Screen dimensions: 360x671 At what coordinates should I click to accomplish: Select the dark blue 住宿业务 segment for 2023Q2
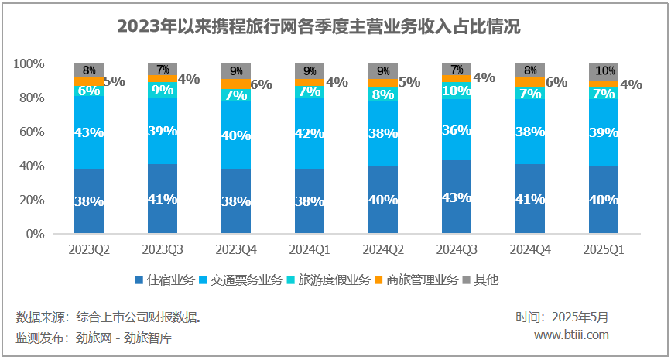(89, 201)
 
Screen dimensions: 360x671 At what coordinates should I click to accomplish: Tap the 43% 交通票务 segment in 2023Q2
(89, 132)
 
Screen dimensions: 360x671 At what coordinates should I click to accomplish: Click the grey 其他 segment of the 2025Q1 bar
(604, 71)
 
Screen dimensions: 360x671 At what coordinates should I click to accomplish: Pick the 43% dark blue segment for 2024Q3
(457, 197)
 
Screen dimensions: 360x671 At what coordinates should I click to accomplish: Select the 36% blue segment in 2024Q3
(457, 130)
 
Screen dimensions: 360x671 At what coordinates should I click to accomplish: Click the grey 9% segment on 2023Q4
(236, 71)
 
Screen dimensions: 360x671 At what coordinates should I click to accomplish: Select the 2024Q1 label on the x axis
(310, 249)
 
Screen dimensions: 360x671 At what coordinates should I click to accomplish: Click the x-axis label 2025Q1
(604, 249)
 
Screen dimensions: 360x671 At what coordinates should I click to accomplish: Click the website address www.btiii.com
(571, 334)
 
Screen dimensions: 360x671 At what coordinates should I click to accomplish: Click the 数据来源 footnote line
(109, 317)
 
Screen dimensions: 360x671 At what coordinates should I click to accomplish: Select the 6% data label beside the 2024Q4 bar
(556, 82)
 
